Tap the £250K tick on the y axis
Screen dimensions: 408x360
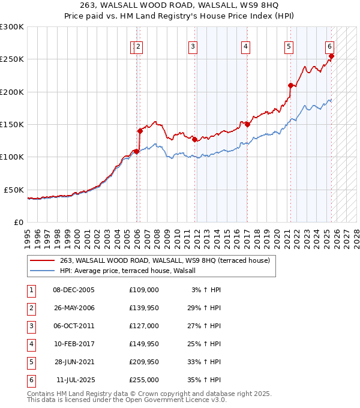13,59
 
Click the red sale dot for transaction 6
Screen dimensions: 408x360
331,56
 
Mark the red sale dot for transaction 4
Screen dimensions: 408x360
247,125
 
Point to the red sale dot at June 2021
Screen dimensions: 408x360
290,86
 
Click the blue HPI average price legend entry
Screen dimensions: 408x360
132,271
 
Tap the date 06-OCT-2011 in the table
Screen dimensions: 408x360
74,326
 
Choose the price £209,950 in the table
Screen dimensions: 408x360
144,362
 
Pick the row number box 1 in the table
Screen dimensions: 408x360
31,290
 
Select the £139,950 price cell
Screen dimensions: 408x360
144,308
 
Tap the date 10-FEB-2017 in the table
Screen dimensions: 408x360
74,344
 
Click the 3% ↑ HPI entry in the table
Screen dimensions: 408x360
207,290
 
